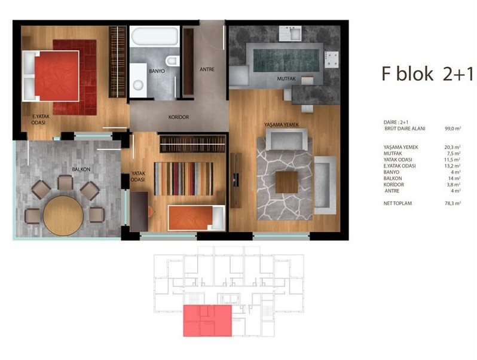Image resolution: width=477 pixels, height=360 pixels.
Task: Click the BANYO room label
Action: click(157, 71)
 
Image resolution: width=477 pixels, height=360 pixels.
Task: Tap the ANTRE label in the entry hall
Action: click(207, 69)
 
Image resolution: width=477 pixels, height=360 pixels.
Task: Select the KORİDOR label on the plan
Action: click(179, 117)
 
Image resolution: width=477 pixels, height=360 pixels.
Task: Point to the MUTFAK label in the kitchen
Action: click(286, 78)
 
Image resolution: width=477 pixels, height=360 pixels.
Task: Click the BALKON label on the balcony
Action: click(81, 169)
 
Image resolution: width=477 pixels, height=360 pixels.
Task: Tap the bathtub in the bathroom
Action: click(155, 36)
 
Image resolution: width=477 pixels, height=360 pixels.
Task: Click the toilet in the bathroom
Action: click(173, 60)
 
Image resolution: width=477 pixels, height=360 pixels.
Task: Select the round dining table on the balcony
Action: click(63, 215)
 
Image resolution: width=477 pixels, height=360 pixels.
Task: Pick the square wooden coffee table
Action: click(286, 182)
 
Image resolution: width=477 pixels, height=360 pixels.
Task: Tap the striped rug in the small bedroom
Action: click(184, 179)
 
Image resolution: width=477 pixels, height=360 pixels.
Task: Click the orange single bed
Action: click(196, 218)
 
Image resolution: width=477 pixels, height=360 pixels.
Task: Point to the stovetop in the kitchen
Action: click(331, 59)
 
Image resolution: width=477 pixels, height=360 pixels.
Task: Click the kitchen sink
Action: click(291, 33)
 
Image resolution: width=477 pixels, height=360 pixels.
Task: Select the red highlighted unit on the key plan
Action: click(207, 321)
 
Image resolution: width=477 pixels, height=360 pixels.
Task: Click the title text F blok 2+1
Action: click(427, 74)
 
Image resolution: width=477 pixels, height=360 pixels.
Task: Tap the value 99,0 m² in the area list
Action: click(452, 129)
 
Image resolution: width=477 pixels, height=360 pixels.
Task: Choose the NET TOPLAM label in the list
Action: click(398, 203)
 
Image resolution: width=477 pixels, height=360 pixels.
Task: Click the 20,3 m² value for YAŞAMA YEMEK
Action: click(452, 147)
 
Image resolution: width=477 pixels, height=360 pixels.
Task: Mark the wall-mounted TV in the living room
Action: click(236, 181)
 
